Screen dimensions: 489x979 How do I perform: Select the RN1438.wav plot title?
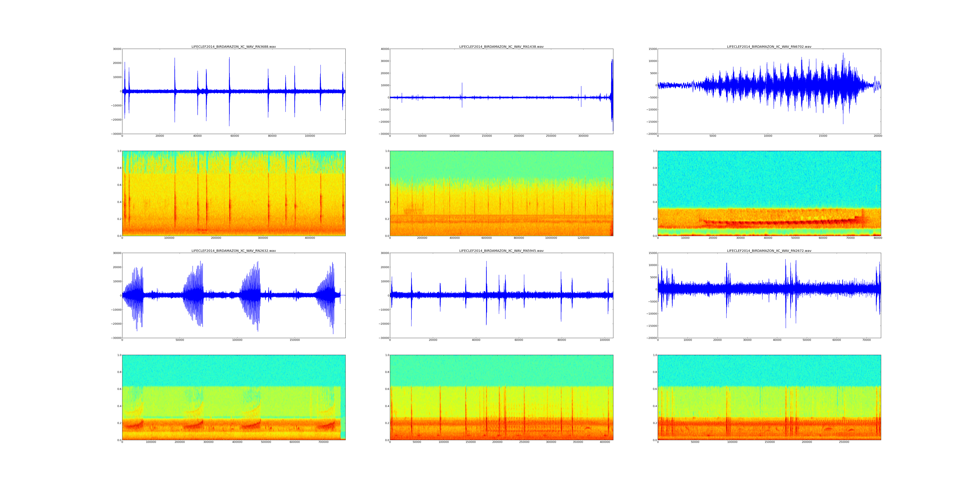tap(501, 47)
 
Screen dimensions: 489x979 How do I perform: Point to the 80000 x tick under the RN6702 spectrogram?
tap(878, 238)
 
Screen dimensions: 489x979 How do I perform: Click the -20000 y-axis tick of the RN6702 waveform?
tap(651, 134)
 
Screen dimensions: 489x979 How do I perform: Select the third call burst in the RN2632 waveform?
tap(251, 295)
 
